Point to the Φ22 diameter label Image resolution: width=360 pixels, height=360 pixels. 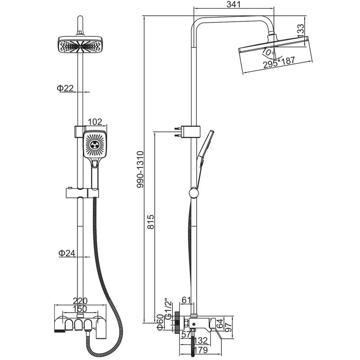65,88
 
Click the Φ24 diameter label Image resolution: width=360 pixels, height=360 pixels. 66,253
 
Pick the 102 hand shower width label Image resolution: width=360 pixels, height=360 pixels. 94,122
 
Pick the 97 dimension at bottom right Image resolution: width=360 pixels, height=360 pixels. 229,328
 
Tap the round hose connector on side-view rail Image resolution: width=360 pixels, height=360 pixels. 193,193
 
